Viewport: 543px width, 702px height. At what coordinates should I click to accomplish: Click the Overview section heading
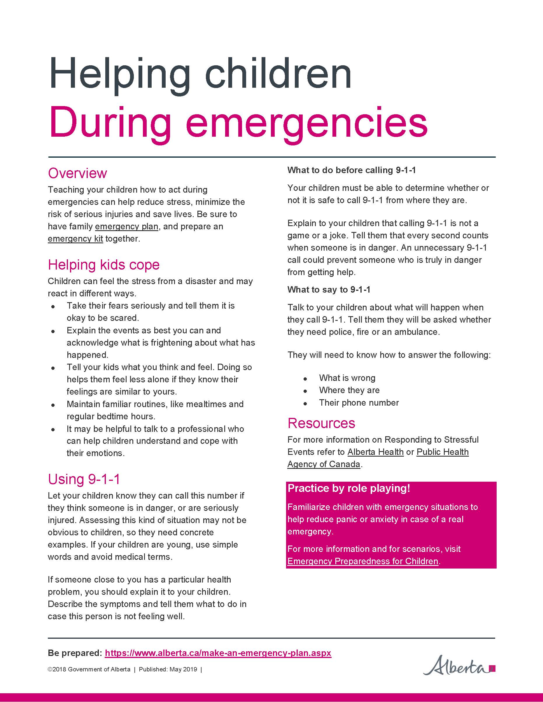pos(77,173)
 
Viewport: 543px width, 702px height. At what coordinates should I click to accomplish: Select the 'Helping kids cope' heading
pos(104,265)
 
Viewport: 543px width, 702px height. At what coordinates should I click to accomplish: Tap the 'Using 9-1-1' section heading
pos(84,479)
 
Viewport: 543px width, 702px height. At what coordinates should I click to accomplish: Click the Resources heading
pos(321,423)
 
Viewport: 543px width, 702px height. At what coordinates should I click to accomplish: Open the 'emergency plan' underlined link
pos(127,227)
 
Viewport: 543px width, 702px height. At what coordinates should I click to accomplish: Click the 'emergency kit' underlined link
pos(75,239)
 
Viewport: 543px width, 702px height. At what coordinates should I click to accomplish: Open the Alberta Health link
pos(375,452)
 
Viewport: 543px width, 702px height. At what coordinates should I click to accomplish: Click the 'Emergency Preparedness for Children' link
pos(362,561)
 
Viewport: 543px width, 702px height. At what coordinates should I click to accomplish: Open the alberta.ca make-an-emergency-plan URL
pos(218,653)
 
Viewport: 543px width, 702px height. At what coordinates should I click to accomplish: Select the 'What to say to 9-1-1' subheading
pos(329,290)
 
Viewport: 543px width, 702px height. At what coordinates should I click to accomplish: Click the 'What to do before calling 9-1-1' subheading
pos(351,170)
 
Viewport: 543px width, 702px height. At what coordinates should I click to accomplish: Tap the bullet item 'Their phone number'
pos(359,403)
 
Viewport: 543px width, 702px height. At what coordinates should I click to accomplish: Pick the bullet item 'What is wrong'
pos(347,378)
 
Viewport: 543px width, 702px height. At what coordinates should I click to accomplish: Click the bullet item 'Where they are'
pos(349,390)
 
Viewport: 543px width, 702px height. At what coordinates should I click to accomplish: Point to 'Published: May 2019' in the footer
pos(168,670)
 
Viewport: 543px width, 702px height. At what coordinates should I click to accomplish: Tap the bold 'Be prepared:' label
pos(75,653)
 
